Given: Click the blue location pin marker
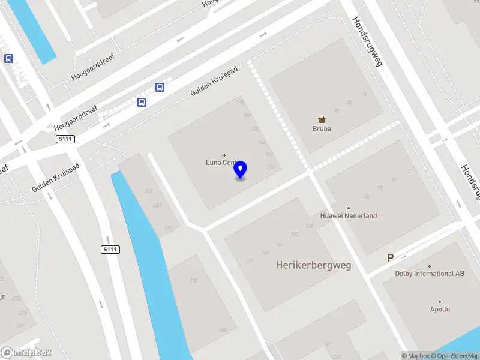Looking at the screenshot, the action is tap(241, 169).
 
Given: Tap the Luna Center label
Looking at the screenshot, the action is tap(223, 162).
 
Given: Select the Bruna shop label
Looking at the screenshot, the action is tap(322, 128).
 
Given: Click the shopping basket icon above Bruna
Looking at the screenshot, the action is tap(322, 119).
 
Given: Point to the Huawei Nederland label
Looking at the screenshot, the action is tap(348, 215).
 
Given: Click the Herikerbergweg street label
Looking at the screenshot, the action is tap(313, 265).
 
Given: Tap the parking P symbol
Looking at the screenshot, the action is tap(390, 258).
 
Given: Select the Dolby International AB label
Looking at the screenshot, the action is tap(430, 274).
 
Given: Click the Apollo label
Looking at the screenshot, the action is tap(440, 310).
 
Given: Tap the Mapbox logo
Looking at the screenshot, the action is tap(26, 352).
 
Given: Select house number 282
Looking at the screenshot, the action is tap(148, 191).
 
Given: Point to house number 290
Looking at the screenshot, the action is tap(193, 281).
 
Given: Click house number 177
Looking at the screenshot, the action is tap(250, 260).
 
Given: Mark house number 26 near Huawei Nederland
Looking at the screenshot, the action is tap(366, 196).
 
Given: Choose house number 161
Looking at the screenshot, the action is tap(279, 244).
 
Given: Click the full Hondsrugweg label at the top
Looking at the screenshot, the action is tap(367, 41).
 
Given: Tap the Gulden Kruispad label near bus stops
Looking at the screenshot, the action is tap(214, 80).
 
